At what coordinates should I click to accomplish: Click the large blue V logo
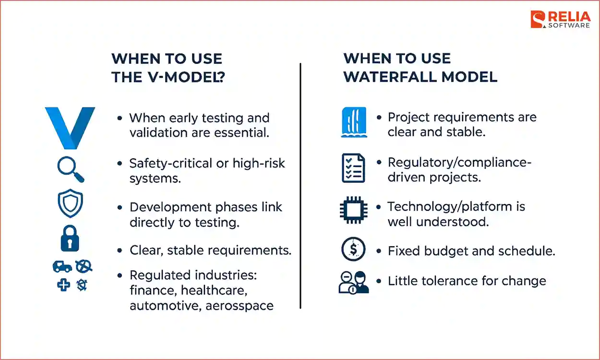click(70, 128)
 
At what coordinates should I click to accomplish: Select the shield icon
click(70, 203)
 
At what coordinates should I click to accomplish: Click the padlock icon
click(70, 238)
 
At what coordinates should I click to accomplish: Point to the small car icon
click(62, 266)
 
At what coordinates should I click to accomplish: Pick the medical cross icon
click(63, 285)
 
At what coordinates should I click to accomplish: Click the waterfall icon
click(353, 122)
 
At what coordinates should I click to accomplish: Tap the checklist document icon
click(353, 168)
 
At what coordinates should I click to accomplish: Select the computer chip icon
click(353, 210)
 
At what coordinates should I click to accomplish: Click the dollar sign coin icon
click(353, 250)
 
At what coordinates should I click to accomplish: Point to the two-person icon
click(354, 282)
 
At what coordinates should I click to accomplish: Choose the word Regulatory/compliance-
click(459, 162)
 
